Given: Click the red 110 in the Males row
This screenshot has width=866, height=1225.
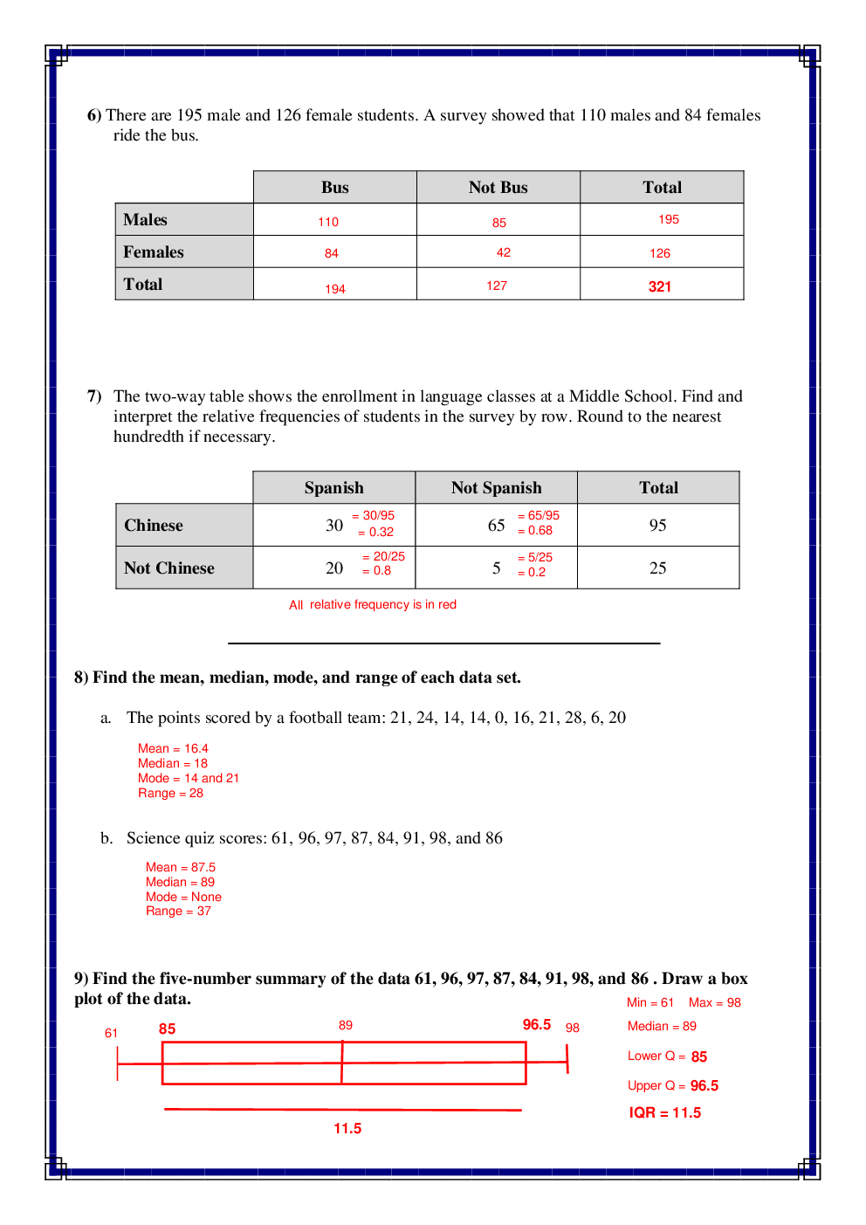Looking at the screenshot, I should click(x=328, y=222).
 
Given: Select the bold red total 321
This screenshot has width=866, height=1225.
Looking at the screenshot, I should click(x=660, y=286).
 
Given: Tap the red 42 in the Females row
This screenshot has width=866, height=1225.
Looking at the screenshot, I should click(x=504, y=252).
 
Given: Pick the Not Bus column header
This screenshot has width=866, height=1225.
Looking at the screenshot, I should click(x=498, y=188).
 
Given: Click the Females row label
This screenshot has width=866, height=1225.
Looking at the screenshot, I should click(x=154, y=252).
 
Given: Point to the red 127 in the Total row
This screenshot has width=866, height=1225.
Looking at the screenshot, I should click(x=497, y=286).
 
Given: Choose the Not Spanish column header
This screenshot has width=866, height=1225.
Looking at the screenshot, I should click(x=496, y=488).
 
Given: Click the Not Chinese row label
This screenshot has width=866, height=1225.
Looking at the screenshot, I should click(x=168, y=568).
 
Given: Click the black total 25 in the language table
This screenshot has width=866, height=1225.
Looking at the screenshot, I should click(x=657, y=568).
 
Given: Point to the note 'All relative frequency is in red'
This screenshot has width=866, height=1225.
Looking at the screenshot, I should click(x=373, y=604).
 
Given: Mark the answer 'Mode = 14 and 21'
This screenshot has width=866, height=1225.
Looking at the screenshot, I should click(x=188, y=778).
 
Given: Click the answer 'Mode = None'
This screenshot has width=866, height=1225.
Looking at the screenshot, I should click(x=183, y=897).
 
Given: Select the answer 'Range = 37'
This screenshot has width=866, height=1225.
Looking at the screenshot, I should click(x=178, y=911).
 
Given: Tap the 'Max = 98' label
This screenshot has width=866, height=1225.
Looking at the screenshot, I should click(x=714, y=1002).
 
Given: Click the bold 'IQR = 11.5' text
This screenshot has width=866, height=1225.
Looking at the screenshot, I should click(x=664, y=1112).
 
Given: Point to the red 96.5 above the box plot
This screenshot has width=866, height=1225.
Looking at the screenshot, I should click(x=536, y=1024).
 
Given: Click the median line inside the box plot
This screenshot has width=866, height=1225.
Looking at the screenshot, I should click(x=342, y=1063).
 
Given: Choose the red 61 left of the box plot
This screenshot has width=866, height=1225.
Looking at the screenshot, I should click(x=111, y=1033).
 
